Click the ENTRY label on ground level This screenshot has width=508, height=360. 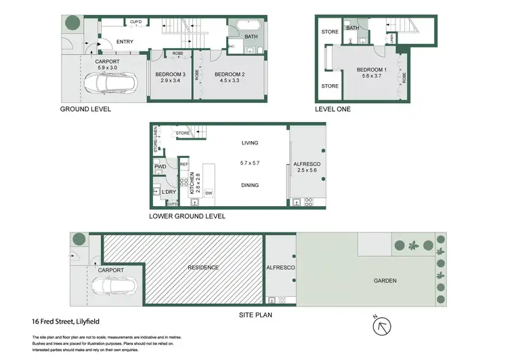point(125,42)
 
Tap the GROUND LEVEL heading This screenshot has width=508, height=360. point(86,109)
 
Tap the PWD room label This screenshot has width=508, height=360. point(161,167)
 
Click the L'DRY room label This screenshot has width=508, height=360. point(169,192)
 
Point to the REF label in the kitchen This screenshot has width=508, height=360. point(184,164)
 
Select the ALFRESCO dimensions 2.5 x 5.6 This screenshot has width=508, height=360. point(308,171)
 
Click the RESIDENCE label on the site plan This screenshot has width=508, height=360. point(204,268)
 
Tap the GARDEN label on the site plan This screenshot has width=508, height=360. point(383,281)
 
